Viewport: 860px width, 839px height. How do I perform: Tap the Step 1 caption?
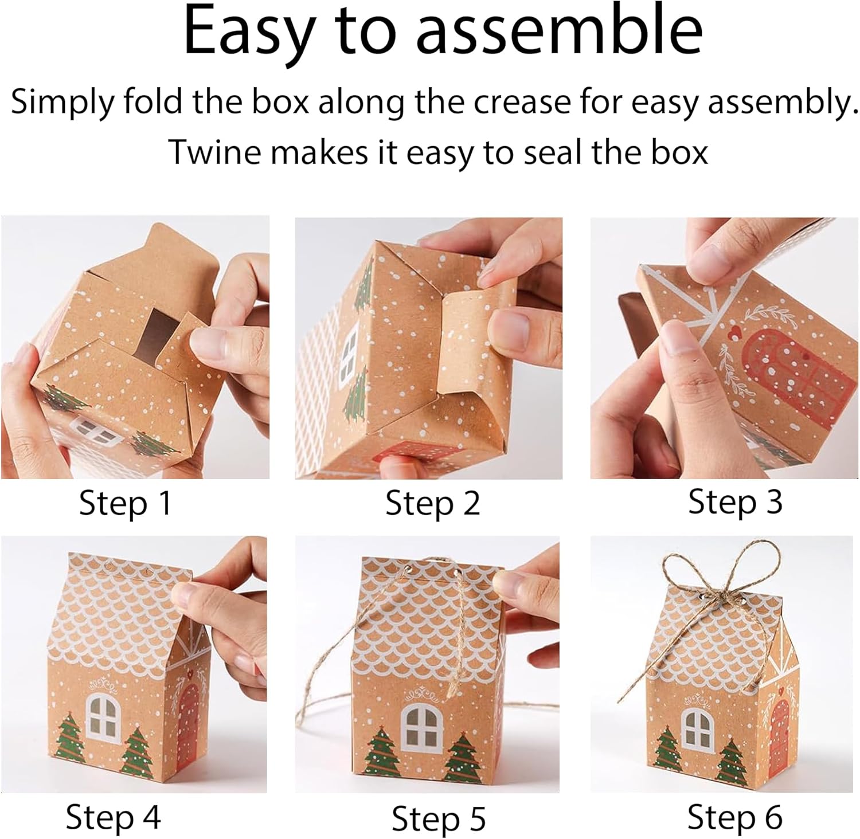[x=125, y=504]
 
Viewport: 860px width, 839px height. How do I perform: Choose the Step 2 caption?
[x=433, y=504]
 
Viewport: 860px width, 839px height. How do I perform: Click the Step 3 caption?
[x=735, y=502]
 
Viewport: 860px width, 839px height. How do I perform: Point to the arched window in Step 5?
[x=423, y=726]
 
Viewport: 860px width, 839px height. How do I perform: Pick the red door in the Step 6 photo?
[x=779, y=735]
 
